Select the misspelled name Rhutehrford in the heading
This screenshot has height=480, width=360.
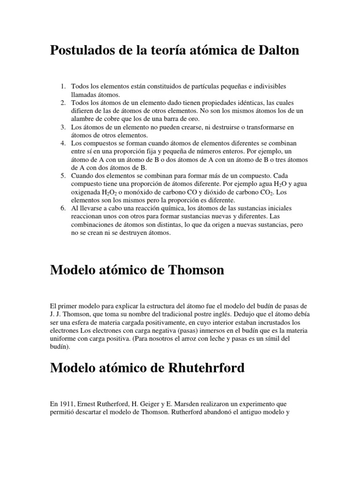(201, 368)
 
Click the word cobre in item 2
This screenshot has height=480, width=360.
(110, 118)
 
